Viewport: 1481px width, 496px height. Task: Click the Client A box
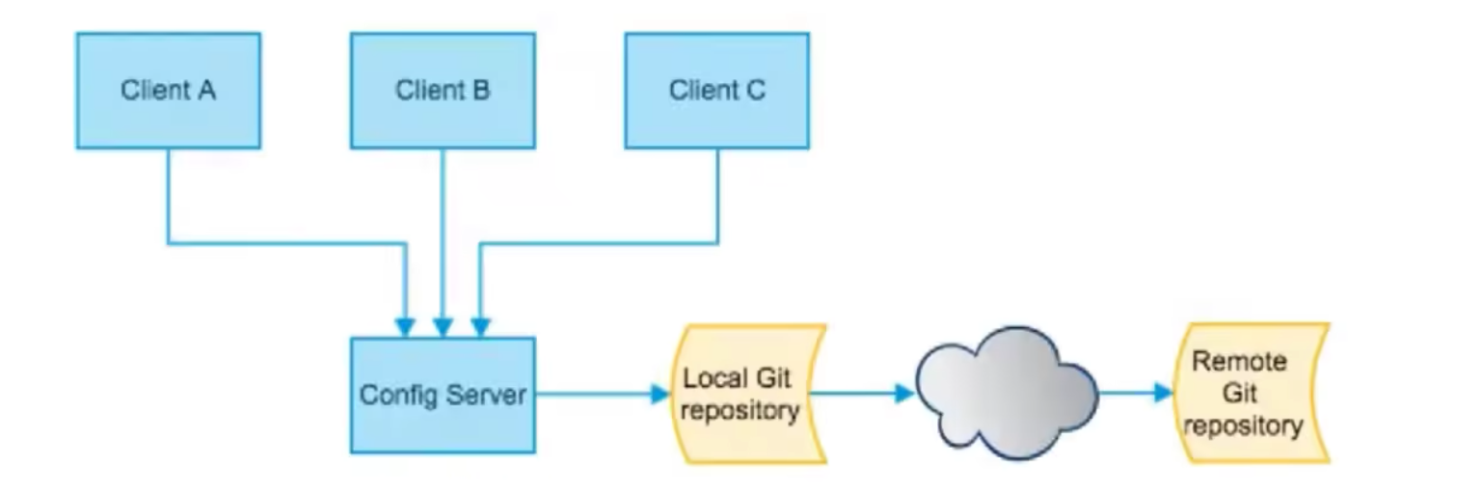(168, 91)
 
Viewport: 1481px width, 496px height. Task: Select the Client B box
(443, 91)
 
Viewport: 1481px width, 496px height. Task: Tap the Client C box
(717, 91)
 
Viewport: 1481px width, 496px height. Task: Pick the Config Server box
(443, 396)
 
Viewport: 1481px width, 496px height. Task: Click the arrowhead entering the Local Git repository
(660, 394)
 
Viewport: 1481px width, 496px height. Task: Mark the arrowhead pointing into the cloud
(903, 394)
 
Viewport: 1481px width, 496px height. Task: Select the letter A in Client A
(206, 91)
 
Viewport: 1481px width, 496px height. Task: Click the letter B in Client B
(481, 91)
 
